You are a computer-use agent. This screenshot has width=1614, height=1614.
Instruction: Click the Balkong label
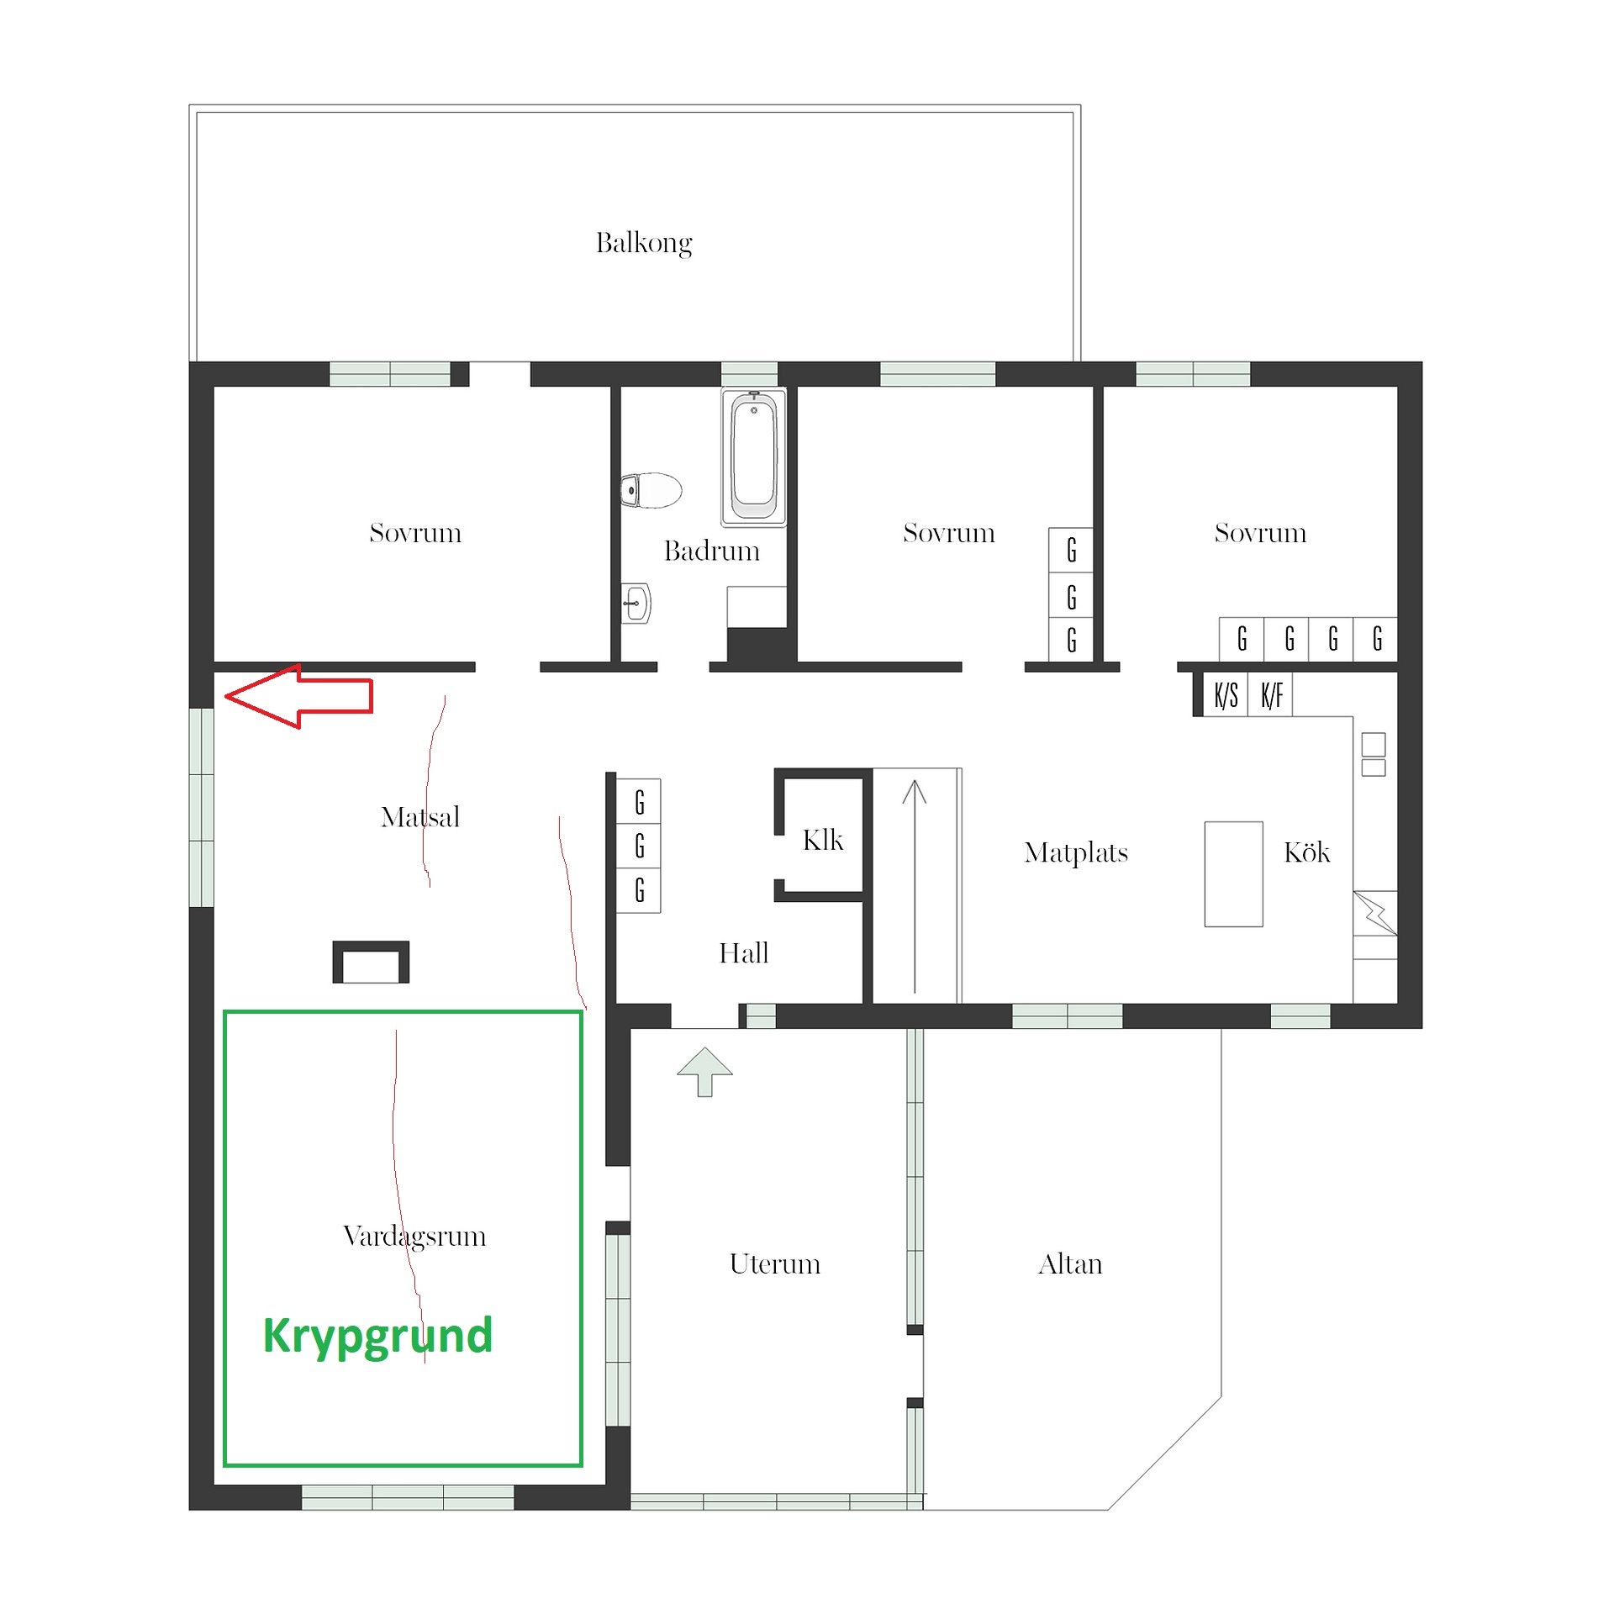[x=644, y=243]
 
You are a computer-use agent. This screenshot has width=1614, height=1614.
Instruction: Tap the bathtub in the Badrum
[x=754, y=457]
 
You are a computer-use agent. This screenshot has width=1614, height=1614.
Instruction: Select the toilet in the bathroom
[x=651, y=490]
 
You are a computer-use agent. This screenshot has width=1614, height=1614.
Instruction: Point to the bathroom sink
[x=636, y=603]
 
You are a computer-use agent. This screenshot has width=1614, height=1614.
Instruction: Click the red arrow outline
[x=298, y=696]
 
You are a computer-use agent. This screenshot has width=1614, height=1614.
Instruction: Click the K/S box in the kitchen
[x=1226, y=695]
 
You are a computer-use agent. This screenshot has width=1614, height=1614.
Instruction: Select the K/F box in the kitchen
[x=1271, y=695]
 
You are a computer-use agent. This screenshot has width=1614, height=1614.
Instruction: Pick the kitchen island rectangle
[x=1233, y=874]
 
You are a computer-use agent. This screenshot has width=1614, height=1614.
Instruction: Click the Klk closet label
[x=823, y=840]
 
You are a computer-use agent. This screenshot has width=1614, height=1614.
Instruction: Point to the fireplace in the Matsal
[x=371, y=962]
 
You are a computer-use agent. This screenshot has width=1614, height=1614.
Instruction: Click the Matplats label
[x=1076, y=853]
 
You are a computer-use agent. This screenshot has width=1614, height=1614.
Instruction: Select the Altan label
[x=1070, y=1263]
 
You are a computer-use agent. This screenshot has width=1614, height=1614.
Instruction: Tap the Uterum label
[x=775, y=1263]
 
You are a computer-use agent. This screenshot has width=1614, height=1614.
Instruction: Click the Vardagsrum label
[x=414, y=1237]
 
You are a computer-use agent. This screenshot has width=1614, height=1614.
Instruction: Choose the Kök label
[x=1307, y=852]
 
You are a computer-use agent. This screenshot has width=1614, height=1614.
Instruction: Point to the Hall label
[x=744, y=952]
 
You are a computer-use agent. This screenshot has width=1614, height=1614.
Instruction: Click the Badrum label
[x=712, y=551]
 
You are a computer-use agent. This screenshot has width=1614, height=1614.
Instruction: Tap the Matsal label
[x=420, y=816]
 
